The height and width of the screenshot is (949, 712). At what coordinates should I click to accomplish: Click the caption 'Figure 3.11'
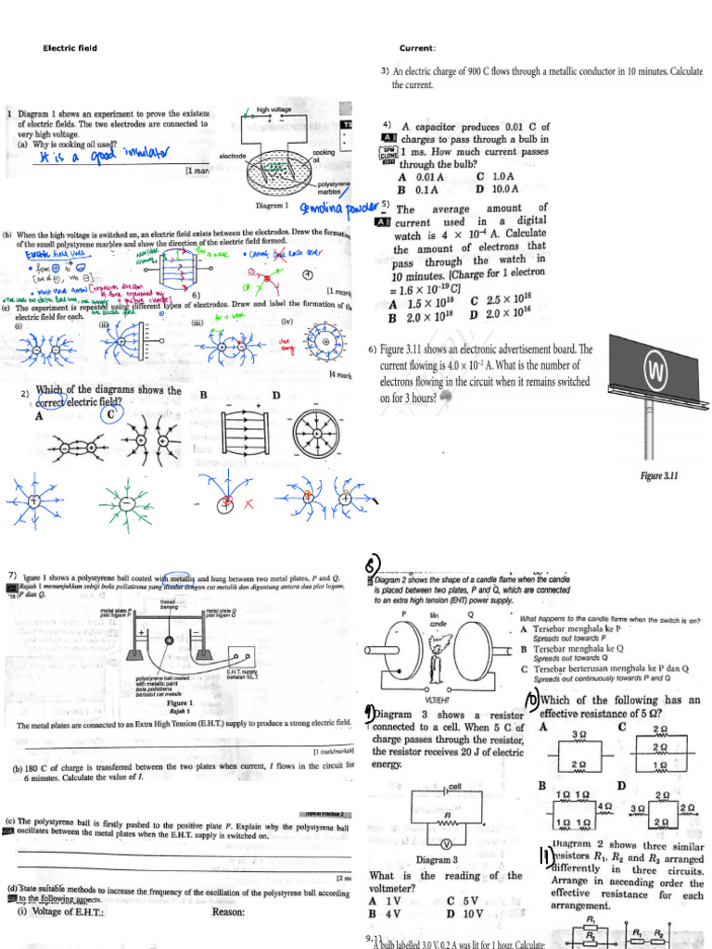[x=659, y=475]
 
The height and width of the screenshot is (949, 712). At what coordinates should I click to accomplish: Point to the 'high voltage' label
[x=274, y=109]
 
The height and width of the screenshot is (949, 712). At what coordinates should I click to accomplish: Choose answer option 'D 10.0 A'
[x=498, y=189]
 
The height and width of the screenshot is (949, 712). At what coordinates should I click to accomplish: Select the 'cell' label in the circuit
[x=454, y=786]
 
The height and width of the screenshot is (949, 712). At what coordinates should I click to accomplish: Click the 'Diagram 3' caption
[x=438, y=860]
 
